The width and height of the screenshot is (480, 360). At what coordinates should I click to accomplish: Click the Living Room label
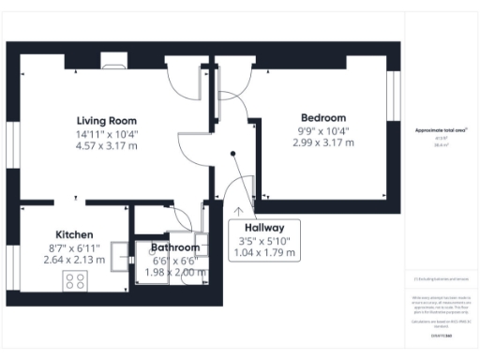[107, 120]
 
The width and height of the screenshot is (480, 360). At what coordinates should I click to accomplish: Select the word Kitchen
[73, 234]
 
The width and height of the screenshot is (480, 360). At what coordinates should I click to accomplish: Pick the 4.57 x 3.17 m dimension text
[107, 146]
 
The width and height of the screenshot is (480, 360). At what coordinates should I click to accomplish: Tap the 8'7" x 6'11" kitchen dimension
[73, 247]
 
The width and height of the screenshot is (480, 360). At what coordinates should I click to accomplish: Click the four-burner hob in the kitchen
[75, 280]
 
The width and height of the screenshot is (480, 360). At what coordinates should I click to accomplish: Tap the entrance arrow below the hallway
[239, 212]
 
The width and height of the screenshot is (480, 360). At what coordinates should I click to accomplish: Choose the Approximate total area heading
[441, 130]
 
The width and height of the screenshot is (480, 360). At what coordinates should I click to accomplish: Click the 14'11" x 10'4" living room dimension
[107, 133]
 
